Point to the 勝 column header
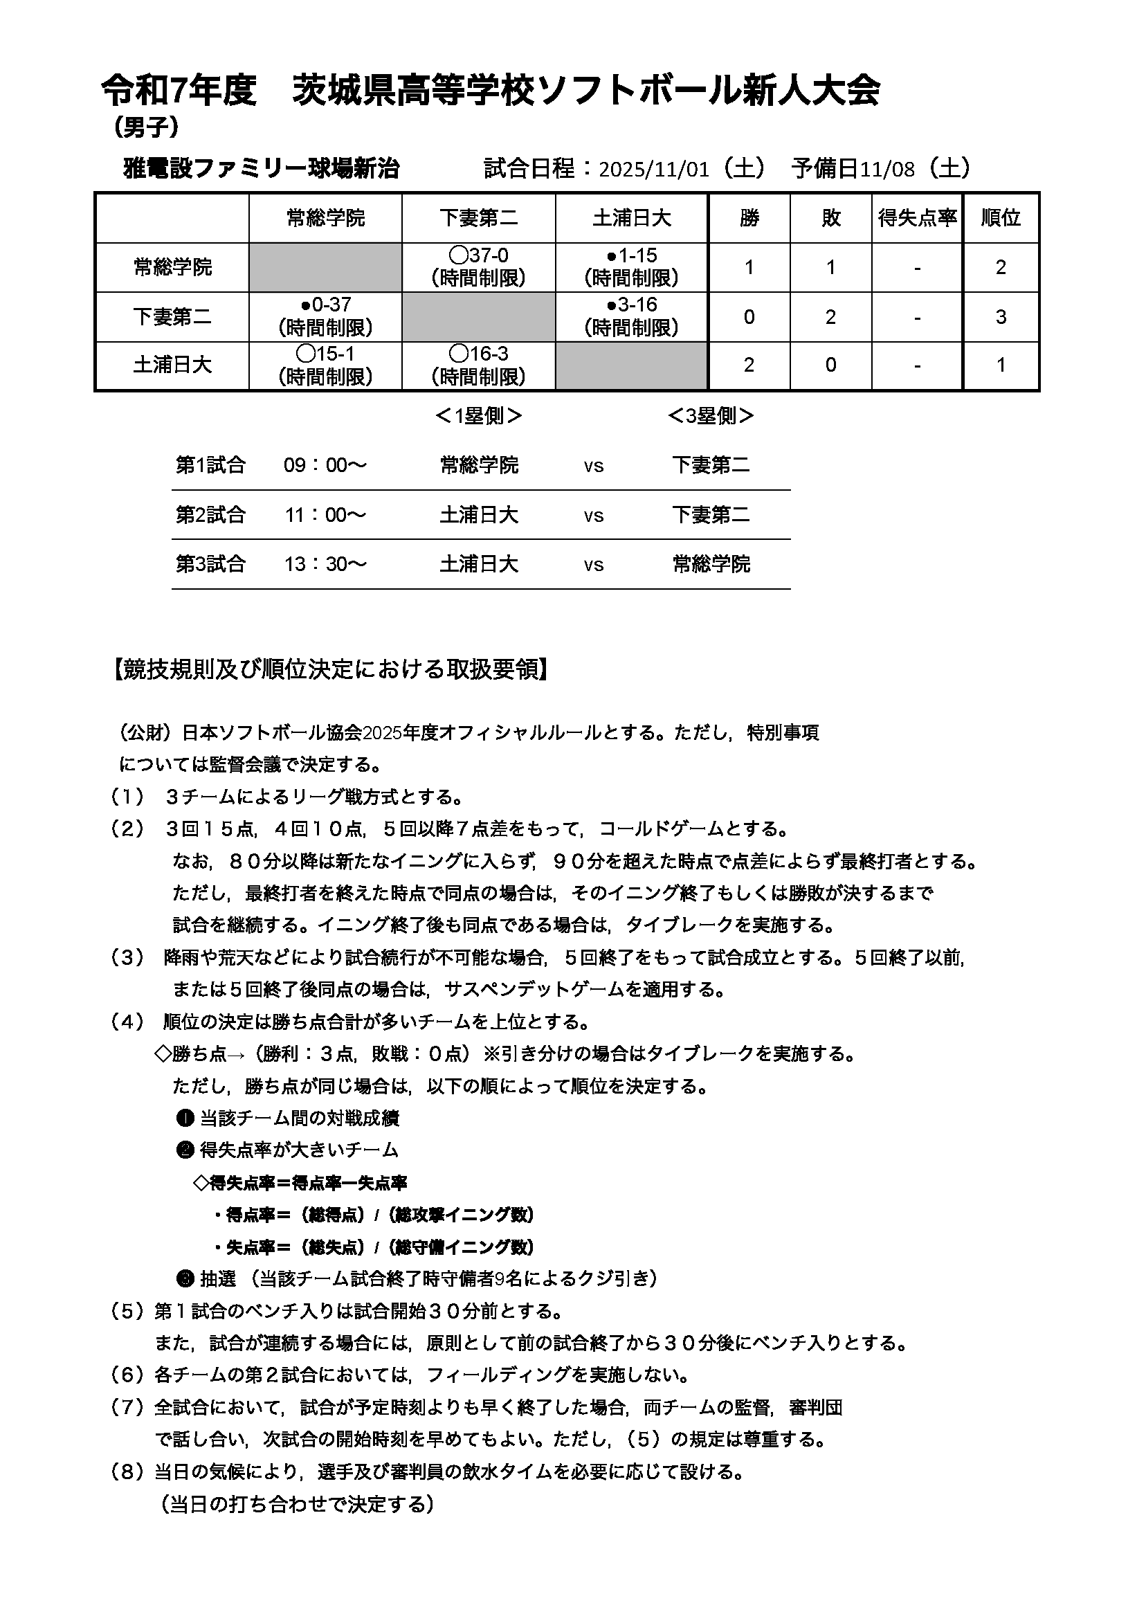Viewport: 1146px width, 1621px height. [749, 218]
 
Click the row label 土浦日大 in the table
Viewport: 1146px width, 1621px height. [172, 365]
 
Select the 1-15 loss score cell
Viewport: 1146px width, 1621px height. [631, 267]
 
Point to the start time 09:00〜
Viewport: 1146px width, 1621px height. [325, 465]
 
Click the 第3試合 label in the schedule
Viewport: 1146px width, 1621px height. [210, 564]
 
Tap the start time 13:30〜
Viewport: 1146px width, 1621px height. [325, 564]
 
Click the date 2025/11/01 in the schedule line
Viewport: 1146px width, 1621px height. [653, 170]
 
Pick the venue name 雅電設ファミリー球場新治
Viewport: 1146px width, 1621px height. [262, 169]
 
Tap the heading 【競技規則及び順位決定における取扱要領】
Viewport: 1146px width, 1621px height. [329, 669]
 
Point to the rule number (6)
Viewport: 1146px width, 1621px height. [127, 1375]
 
